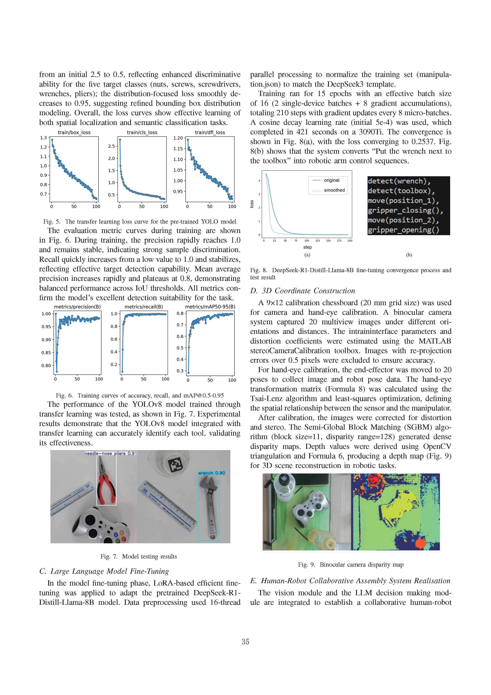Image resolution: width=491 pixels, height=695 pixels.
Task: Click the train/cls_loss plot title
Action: (x=142, y=132)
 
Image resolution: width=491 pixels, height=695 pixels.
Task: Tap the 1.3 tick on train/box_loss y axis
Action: (x=44, y=138)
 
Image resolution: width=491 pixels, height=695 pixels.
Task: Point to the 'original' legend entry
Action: (x=332, y=180)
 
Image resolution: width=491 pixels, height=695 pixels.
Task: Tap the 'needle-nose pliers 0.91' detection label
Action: (x=111, y=453)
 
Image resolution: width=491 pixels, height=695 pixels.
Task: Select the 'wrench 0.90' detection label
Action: (x=211, y=473)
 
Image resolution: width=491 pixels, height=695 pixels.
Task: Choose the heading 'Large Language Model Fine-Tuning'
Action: (x=104, y=571)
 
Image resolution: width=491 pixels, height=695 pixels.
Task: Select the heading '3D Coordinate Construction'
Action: (x=302, y=291)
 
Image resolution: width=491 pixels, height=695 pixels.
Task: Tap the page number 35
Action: (x=245, y=641)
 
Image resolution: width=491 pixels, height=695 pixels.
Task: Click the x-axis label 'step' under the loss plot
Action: (x=307, y=247)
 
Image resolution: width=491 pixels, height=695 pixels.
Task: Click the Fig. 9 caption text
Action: (x=351, y=564)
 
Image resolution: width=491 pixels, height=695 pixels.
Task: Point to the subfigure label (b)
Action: (x=409, y=255)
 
